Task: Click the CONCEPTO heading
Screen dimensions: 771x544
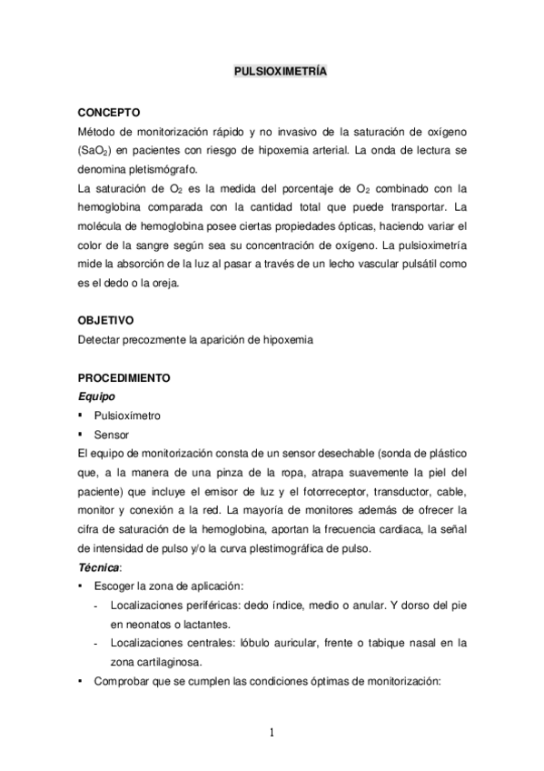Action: tap(109, 114)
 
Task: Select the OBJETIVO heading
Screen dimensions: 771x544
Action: tap(106, 321)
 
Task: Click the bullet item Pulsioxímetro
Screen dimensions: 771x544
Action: tap(134, 416)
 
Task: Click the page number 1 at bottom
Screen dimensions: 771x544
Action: tap(272, 736)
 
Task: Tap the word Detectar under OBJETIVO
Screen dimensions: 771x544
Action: tap(100, 340)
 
